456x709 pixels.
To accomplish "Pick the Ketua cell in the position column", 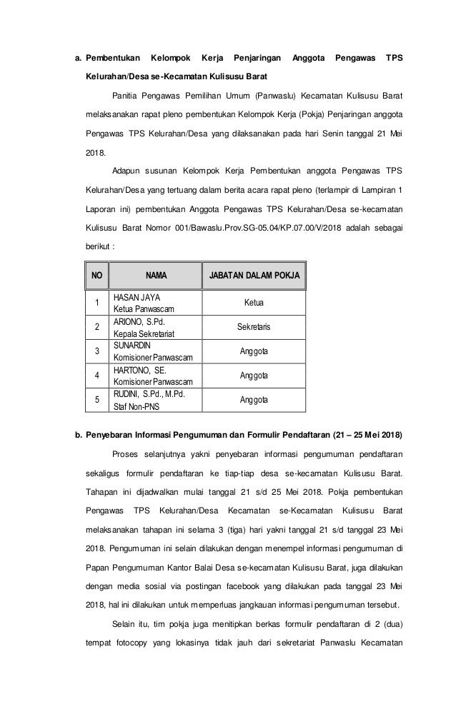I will point(254,303).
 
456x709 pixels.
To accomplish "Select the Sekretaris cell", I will point(254,326).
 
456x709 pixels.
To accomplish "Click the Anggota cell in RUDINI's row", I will point(254,399).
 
